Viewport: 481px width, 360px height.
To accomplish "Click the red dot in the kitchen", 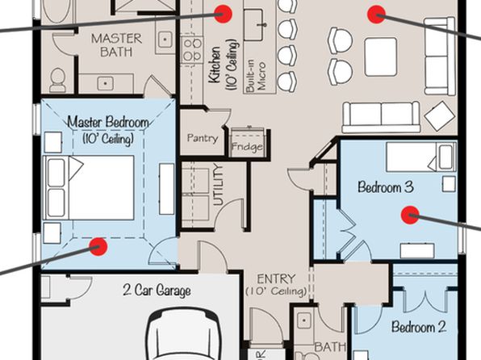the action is (x=223, y=14).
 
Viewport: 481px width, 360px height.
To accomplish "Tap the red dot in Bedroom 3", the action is (x=410, y=215).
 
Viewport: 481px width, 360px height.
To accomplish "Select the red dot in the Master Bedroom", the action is (x=98, y=246).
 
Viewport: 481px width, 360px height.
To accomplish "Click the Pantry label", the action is (x=203, y=138).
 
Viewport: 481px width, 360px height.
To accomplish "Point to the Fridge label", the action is (x=247, y=147).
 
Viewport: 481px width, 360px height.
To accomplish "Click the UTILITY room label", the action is (x=218, y=185).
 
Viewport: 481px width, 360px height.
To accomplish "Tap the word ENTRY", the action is (x=276, y=279).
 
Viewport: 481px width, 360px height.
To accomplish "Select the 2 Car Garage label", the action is (x=157, y=290).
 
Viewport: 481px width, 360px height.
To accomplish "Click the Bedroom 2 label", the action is (x=419, y=327).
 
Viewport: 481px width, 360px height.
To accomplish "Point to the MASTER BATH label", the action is (x=116, y=45).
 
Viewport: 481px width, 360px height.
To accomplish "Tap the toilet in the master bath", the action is (x=57, y=80).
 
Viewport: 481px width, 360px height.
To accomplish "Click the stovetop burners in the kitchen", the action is (x=193, y=49).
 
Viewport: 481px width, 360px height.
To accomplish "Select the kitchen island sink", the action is (x=253, y=24).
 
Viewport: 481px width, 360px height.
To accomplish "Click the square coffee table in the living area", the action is (x=381, y=57).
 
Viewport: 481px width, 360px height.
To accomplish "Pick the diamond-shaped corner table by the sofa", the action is (x=440, y=116).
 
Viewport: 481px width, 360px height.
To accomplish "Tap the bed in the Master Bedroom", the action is (x=88, y=187).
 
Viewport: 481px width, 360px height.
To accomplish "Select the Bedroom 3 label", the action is (x=386, y=186).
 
